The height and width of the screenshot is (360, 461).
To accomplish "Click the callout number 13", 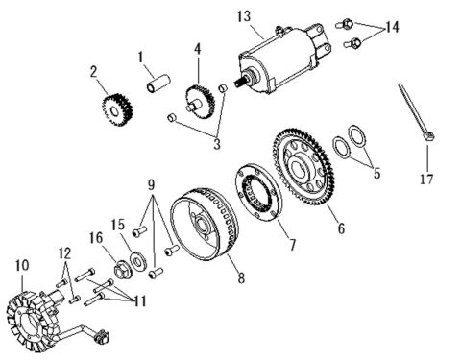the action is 244,16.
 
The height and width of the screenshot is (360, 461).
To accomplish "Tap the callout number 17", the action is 426,179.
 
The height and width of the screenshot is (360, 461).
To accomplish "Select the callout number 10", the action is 22,265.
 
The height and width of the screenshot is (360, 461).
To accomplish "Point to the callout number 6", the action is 341,228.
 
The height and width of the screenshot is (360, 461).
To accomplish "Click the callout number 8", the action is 241,277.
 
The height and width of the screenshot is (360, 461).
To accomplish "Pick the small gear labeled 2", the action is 117,109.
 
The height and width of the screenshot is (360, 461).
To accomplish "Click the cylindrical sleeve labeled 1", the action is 158,84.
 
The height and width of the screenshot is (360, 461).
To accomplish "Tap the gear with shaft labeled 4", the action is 200,102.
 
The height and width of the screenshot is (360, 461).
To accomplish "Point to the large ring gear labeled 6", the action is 303,167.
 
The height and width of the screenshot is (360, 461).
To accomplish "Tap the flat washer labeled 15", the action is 138,260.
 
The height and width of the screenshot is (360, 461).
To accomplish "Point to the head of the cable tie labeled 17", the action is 428,136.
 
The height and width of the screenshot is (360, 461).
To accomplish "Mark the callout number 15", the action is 117,225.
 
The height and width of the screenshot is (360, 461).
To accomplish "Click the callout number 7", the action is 292,245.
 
